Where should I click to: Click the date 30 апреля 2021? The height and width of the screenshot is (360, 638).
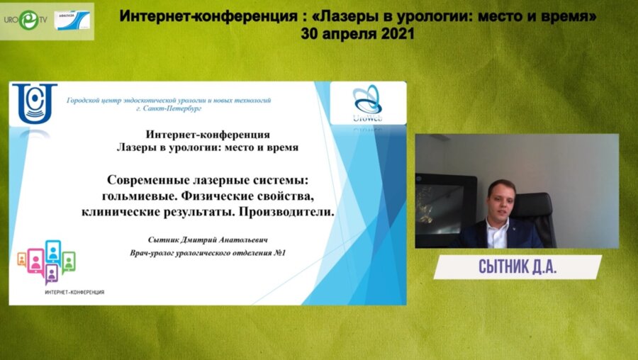(358, 33)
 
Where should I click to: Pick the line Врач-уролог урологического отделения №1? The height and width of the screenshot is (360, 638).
(208, 252)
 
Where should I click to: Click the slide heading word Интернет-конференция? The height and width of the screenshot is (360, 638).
(207, 134)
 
